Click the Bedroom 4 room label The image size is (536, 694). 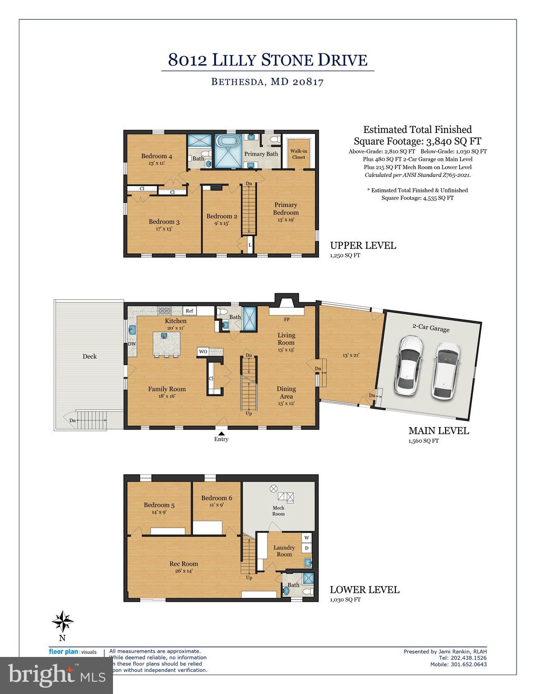point(156,156)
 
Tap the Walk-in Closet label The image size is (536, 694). point(298,154)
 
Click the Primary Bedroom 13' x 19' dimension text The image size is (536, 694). point(286,220)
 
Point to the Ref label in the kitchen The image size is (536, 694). point(189,311)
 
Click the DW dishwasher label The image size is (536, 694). point(132,344)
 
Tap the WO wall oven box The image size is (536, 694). point(203,351)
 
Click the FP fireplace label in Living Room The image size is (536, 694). point(287,319)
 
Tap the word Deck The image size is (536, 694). point(89,356)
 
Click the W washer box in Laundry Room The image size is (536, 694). point(306,538)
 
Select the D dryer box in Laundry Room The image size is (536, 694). point(306,548)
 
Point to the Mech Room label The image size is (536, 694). point(278,511)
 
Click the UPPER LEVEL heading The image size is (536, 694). point(363,245)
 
